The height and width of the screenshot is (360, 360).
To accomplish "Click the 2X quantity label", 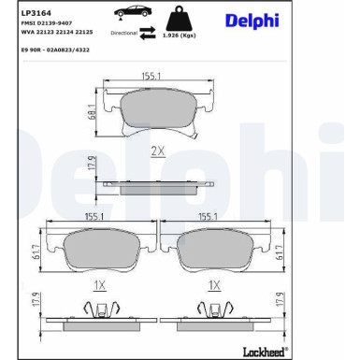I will (x=158, y=150).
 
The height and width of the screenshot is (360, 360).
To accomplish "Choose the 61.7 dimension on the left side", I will (x=36, y=252).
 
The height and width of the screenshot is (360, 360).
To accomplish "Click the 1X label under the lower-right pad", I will (x=214, y=285).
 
